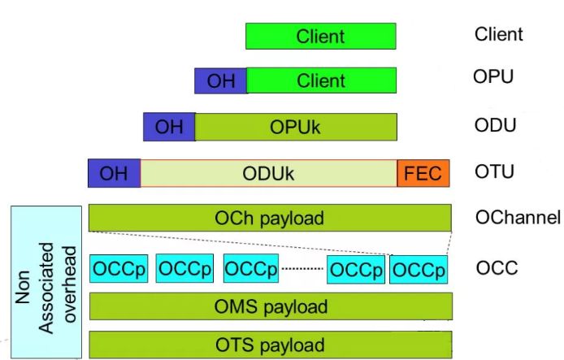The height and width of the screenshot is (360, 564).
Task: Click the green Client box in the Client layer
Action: pyautogui.click(x=321, y=36)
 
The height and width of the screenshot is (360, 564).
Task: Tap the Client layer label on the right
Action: pyautogui.click(x=498, y=34)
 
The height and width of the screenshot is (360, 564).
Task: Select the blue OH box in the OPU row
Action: pyautogui.click(x=221, y=80)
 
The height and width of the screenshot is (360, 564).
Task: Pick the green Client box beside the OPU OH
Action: pyautogui.click(x=322, y=80)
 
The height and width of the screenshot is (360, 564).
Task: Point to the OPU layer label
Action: pyautogui.click(x=493, y=76)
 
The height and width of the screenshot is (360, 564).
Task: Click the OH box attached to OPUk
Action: pyautogui.click(x=169, y=127)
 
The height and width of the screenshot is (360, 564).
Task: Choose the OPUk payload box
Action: pyautogui.click(x=296, y=127)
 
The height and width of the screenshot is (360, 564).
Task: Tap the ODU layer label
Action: pyautogui.click(x=495, y=125)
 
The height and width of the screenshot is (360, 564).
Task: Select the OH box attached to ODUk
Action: pyautogui.click(x=114, y=173)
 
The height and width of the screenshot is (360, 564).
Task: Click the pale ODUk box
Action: pyautogui.click(x=269, y=173)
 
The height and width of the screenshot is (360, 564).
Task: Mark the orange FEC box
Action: pyautogui.click(x=423, y=173)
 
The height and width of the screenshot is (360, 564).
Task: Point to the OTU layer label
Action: pyautogui.click(x=494, y=171)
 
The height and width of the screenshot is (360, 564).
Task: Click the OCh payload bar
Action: pyautogui.click(x=270, y=218)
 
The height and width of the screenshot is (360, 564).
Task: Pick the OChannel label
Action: pyautogui.click(x=518, y=218)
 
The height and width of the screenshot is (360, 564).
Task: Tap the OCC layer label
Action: pyautogui.click(x=497, y=268)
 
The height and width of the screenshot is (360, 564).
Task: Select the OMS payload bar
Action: pyautogui.click(x=271, y=306)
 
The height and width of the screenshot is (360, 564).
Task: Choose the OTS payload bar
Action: pyautogui.click(x=271, y=345)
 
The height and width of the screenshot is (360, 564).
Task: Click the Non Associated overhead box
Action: pyautogui.click(x=46, y=282)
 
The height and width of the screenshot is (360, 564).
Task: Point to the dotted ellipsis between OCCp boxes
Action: pyautogui.click(x=302, y=269)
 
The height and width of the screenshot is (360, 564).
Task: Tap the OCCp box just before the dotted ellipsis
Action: pyautogui.click(x=251, y=268)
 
